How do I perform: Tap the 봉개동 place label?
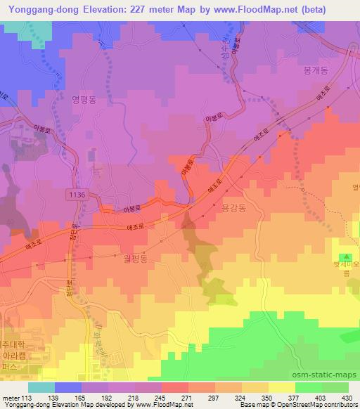316,71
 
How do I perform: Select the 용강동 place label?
233,209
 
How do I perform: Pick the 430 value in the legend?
347,397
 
